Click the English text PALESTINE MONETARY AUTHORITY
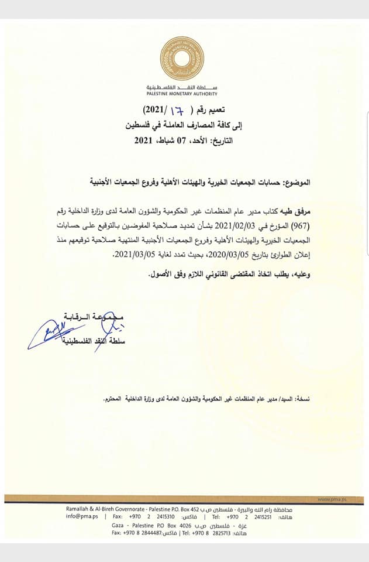pyautogui.click(x=182, y=94)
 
